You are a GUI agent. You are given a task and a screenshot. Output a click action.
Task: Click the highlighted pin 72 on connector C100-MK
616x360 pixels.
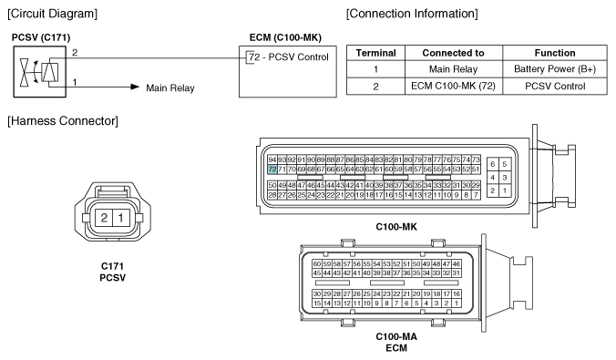point(272,170)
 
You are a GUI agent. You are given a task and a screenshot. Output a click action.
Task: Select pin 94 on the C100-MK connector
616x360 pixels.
point(272,159)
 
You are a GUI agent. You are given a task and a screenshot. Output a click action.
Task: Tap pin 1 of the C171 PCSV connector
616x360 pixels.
point(121,218)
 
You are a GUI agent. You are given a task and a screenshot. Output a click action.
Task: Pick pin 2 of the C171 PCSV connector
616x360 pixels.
point(104,218)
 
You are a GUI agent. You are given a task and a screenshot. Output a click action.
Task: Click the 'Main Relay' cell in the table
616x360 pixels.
point(454,69)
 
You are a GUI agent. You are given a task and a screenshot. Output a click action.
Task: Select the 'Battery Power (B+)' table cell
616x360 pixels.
point(555,69)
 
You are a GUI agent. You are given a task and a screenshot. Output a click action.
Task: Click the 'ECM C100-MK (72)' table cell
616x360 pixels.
point(454,86)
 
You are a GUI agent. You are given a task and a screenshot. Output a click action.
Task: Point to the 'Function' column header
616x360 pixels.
point(555,53)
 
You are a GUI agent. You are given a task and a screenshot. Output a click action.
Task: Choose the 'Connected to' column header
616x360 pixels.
point(454,53)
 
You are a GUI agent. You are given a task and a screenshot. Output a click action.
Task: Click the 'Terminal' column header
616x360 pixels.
point(376,53)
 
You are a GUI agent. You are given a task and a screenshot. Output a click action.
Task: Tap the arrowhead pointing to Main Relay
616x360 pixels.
point(135,87)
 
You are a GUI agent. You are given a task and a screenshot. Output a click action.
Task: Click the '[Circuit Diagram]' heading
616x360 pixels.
point(52,14)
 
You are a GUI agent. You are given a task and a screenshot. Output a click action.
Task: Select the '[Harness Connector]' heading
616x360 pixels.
point(63,120)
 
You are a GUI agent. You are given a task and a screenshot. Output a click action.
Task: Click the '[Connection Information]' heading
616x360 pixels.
point(412,14)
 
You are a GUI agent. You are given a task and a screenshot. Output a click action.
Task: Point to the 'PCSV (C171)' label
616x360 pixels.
point(41,37)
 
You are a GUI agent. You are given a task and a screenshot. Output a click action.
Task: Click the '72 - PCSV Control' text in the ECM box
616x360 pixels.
point(289,57)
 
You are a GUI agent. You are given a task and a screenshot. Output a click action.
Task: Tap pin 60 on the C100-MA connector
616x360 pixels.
point(317,263)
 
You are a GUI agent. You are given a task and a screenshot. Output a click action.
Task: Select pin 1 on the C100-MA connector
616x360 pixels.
point(457,303)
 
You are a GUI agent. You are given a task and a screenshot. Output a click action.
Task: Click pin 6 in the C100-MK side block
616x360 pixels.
point(493,164)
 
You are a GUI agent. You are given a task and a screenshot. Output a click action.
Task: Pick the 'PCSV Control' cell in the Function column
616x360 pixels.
point(555,86)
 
